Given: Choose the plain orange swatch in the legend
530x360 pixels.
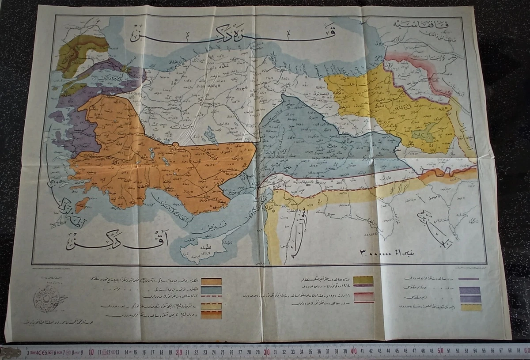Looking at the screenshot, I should pyautogui.click(x=211, y=281).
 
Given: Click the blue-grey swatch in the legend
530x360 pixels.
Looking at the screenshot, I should pyautogui.click(x=211, y=290).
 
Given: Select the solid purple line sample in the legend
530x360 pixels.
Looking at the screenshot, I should pyautogui.click(x=469, y=279).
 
